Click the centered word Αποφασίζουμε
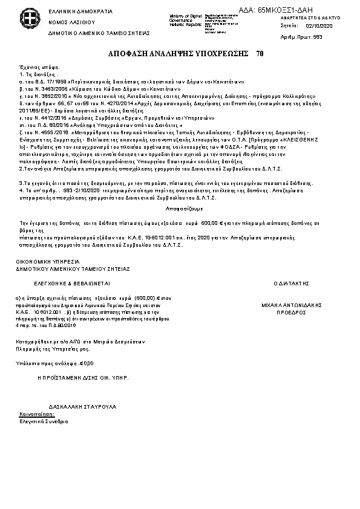[x=181, y=206]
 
